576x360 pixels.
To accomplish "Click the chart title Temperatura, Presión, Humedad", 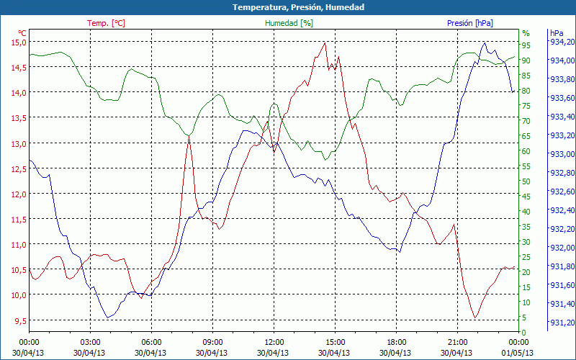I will pyautogui.click(x=288, y=7).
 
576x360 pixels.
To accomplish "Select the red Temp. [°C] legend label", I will pyautogui.click(x=106, y=23).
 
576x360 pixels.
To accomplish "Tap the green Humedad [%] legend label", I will pyautogui.click(x=289, y=23).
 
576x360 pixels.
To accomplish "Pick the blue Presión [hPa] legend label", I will pyautogui.click(x=470, y=23).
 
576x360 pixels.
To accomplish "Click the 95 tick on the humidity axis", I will pyautogui.click(x=526, y=45).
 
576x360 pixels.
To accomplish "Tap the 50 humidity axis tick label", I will pyautogui.click(x=526, y=181).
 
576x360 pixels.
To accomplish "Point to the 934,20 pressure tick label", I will pyautogui.click(x=562, y=42).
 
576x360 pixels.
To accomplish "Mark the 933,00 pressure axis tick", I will pyautogui.click(x=562, y=154).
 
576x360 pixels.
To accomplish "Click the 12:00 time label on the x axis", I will pyautogui.click(x=274, y=341).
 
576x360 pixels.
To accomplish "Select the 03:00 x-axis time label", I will pyautogui.click(x=90, y=341).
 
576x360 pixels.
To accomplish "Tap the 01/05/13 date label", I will pyautogui.click(x=518, y=352).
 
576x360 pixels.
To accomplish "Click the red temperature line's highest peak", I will pyautogui.click(x=325, y=42).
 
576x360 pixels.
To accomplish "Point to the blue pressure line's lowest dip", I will pyautogui.click(x=108, y=317).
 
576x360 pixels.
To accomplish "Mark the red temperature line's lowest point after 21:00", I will pyautogui.click(x=474, y=318).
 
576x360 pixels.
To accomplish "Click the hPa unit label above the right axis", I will pyautogui.click(x=557, y=33).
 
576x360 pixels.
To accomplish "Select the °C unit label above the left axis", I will pyautogui.click(x=22, y=33).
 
